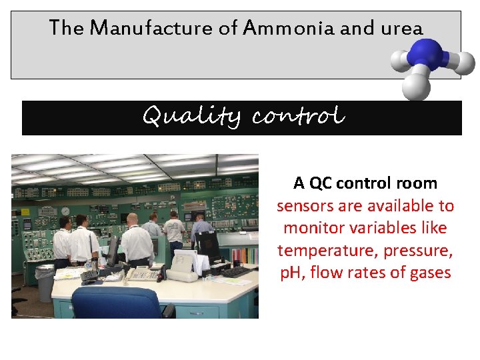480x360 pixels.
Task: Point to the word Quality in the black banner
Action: click(x=193, y=117)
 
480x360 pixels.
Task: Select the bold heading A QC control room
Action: click(x=365, y=183)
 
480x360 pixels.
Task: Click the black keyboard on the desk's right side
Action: click(x=236, y=271)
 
